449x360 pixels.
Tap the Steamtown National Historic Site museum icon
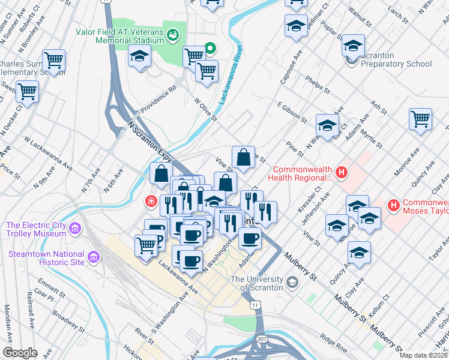(94, 257)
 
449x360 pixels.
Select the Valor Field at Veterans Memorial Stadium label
(119, 36)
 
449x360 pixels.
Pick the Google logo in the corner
(20, 353)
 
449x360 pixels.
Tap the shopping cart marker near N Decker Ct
(27, 92)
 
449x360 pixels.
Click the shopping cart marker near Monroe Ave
(420, 119)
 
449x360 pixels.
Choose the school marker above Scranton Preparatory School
(353, 46)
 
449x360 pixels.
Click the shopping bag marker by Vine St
(243, 158)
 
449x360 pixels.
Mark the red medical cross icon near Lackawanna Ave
(150, 201)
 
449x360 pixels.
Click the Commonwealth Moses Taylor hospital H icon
(394, 206)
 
